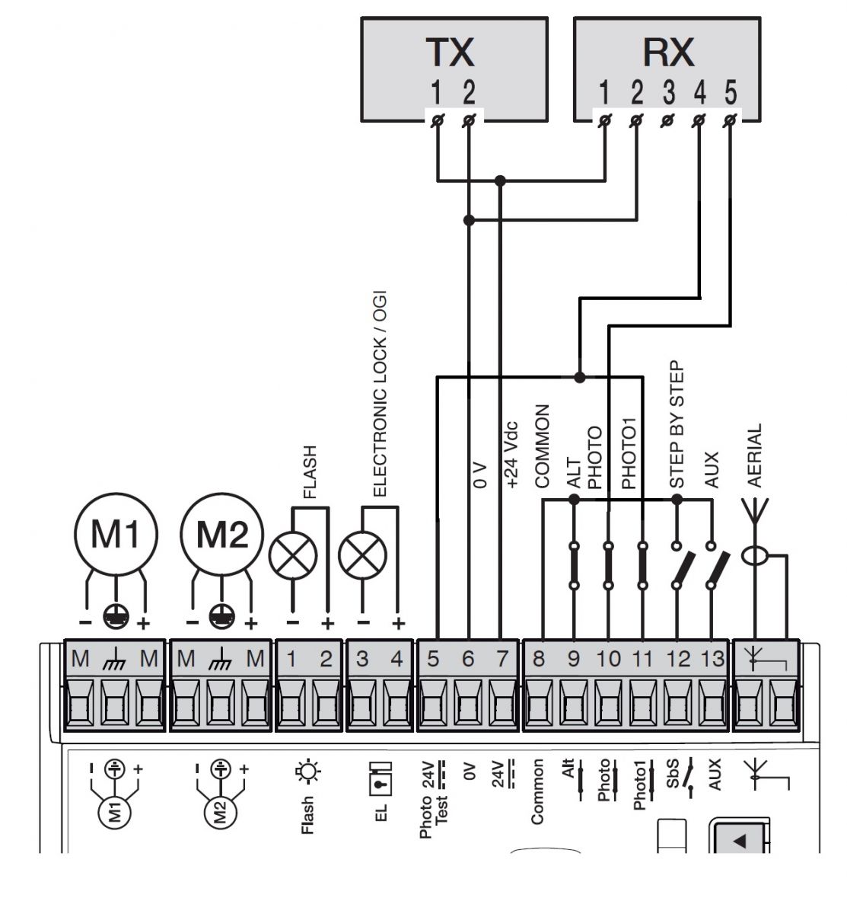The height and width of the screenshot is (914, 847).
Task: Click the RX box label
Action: tap(668, 53)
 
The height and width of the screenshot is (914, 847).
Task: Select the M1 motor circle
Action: tap(116, 535)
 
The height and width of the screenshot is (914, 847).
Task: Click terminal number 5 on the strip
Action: tap(434, 659)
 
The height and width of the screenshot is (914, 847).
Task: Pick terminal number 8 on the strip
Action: tap(539, 659)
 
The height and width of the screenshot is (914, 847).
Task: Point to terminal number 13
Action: tap(713, 659)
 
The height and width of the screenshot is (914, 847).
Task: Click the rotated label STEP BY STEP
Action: tap(677, 424)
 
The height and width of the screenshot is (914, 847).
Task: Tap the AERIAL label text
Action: tap(754, 455)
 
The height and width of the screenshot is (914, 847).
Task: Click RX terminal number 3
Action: tap(668, 93)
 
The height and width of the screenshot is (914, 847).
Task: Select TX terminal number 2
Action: tap(469, 93)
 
